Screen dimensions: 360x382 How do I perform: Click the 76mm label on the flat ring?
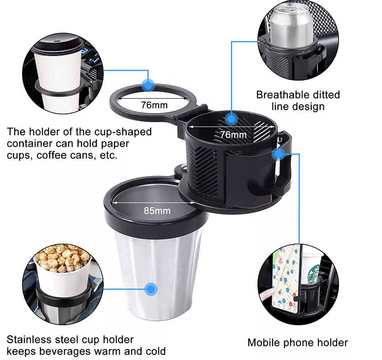154,105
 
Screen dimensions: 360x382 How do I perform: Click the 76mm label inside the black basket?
233,135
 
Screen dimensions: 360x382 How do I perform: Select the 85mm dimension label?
157,211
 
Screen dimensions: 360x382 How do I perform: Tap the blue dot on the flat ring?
148,85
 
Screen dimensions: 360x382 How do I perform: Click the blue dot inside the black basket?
231,119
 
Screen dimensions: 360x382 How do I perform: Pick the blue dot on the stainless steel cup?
151,289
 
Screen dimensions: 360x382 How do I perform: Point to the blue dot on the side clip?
278,154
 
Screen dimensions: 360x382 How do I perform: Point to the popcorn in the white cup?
59,259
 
